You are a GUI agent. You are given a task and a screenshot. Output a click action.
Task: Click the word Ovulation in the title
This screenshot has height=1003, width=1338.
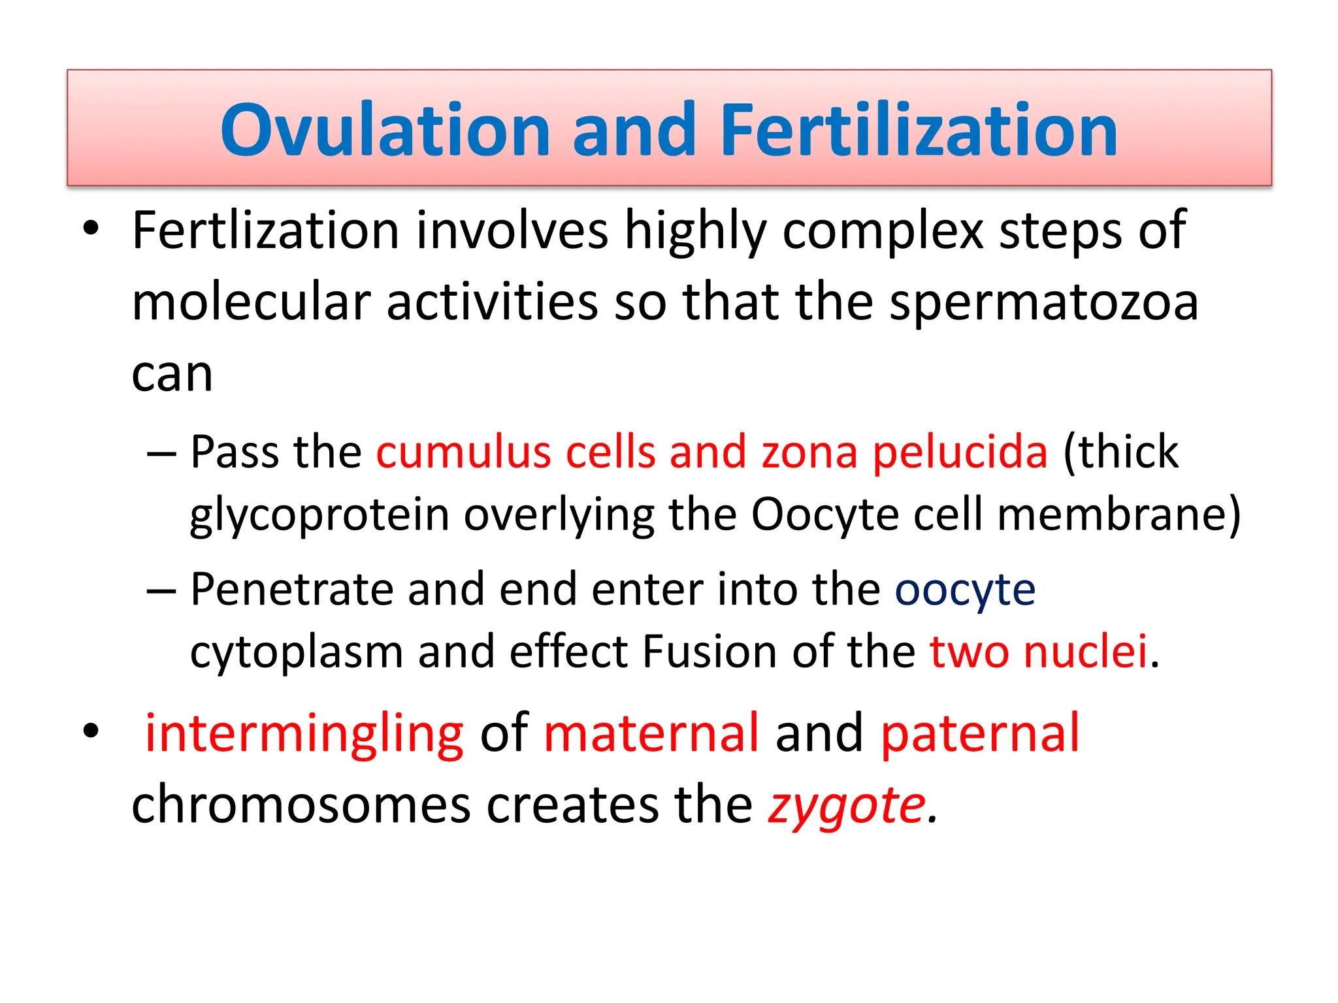click(385, 131)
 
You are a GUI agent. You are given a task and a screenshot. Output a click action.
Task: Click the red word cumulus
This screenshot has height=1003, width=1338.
click(463, 452)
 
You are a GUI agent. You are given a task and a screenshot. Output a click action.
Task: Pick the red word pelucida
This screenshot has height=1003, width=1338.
click(960, 452)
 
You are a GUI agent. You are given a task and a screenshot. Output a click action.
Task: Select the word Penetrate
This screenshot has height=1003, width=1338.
click(291, 589)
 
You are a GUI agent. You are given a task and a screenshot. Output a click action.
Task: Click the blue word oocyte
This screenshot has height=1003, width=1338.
click(964, 590)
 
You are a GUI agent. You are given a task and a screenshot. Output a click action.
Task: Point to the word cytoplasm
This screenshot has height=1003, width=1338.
click(296, 652)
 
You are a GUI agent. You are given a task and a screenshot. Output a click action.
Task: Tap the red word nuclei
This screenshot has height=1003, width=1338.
click(1085, 651)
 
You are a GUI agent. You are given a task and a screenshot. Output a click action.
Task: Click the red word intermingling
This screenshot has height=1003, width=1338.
click(304, 734)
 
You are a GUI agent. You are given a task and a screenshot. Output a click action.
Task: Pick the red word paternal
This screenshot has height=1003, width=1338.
click(980, 734)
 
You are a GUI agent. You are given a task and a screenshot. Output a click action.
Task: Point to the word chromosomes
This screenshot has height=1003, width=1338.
click(301, 805)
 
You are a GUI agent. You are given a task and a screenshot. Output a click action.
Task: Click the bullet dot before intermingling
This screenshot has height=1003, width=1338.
click(91, 731)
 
